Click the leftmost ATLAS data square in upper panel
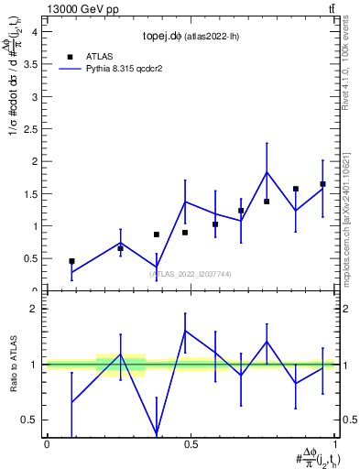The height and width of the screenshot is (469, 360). tap(71, 261)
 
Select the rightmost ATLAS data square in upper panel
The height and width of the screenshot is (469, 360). tap(322, 184)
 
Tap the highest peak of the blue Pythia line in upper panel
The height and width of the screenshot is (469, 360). tap(267, 172)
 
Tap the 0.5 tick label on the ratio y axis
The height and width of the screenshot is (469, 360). tap(32, 420)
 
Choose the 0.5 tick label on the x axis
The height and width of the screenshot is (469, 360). tap(190, 444)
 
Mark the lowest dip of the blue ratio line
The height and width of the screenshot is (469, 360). tap(156, 433)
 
